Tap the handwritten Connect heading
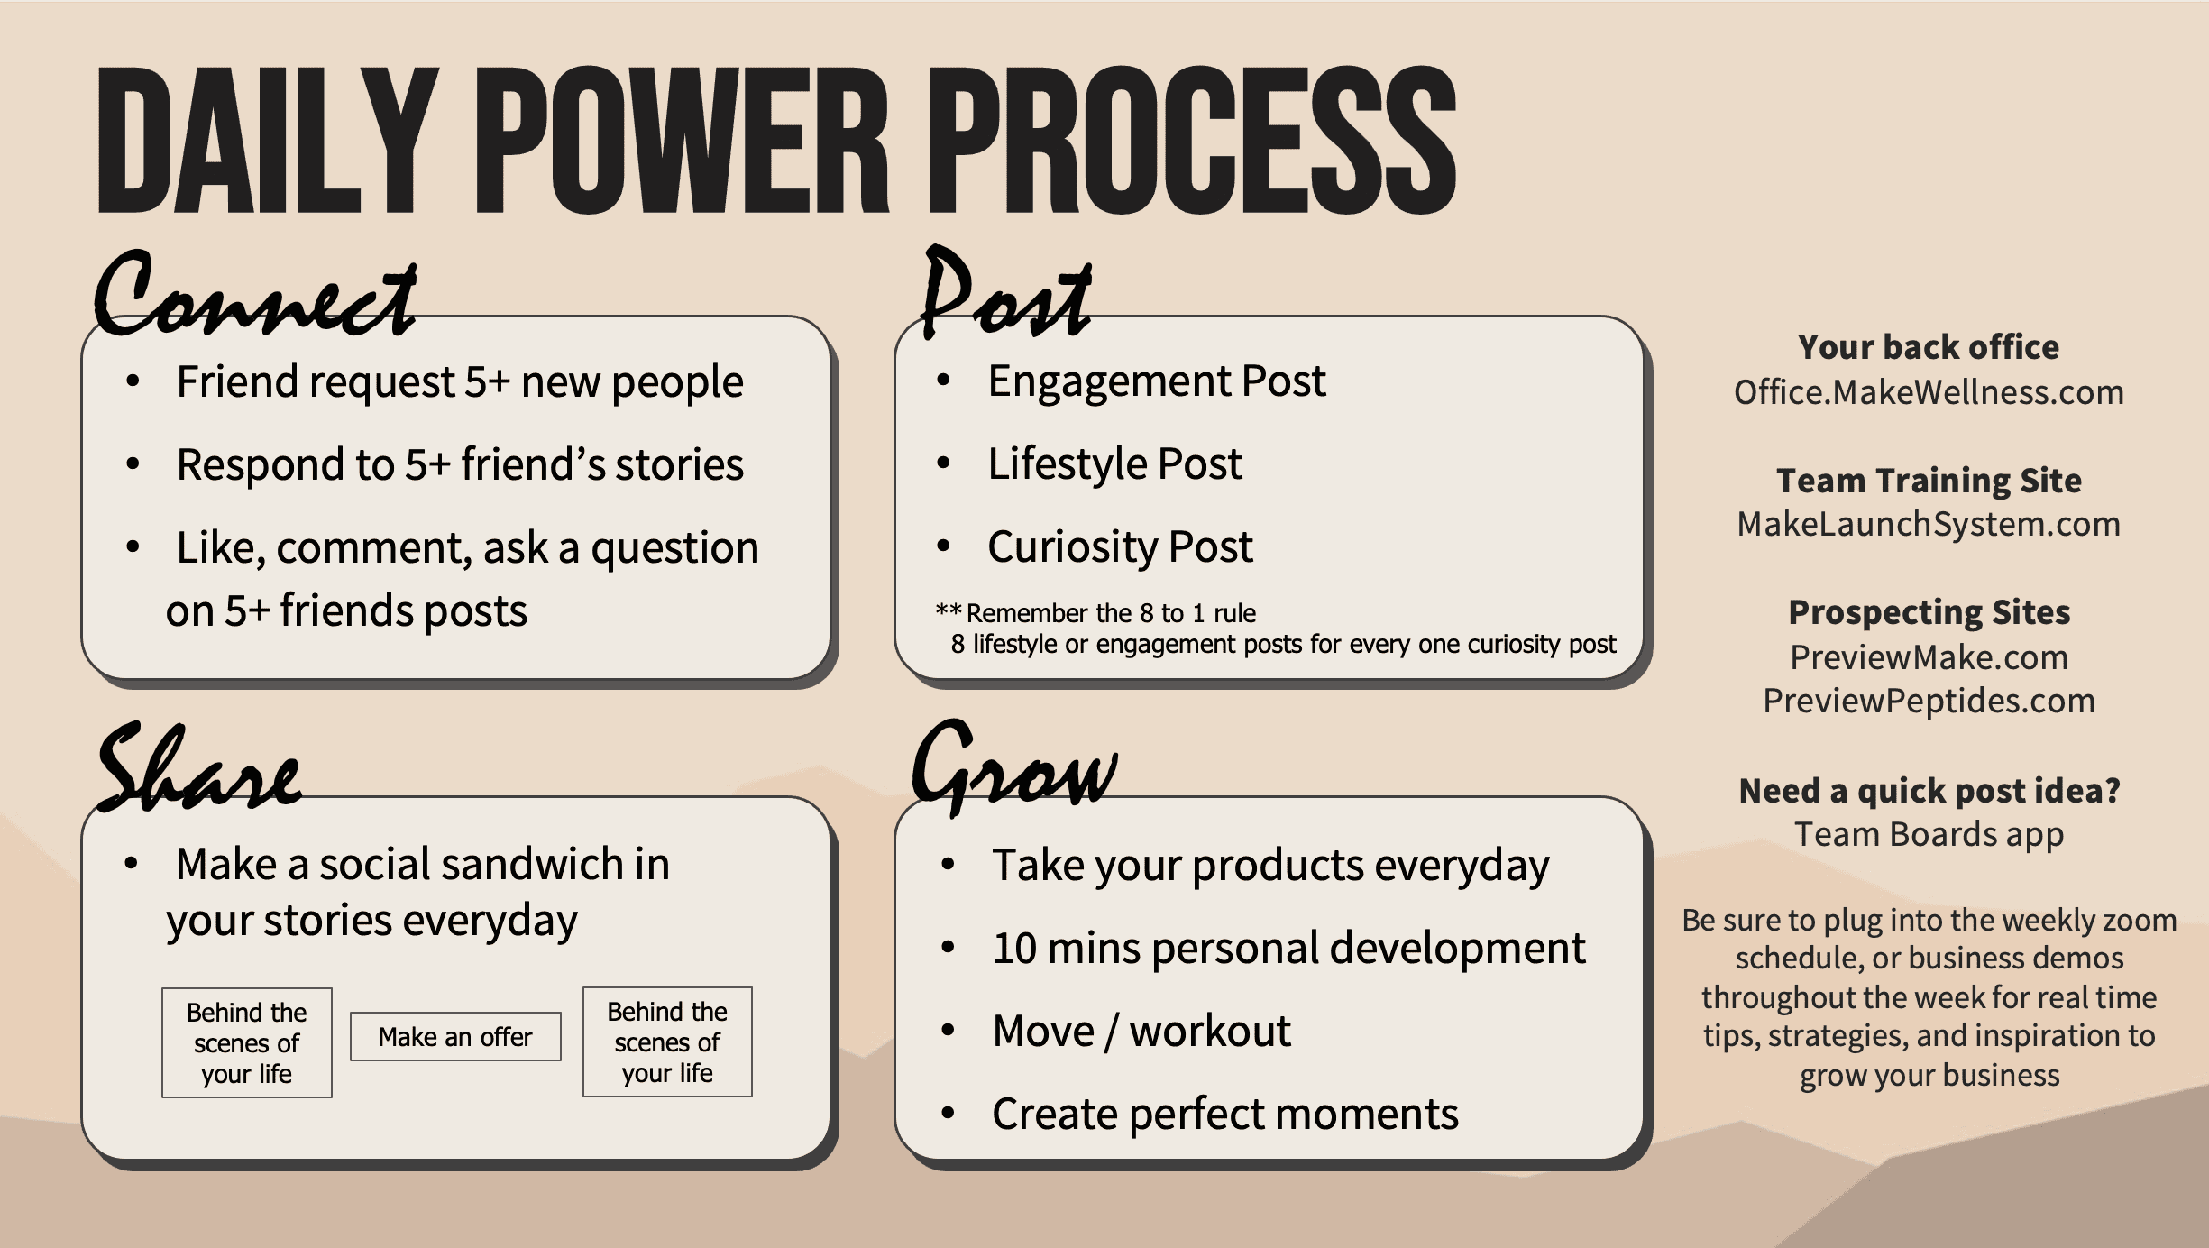point(255,293)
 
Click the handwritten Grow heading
point(1015,766)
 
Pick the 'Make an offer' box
point(455,1037)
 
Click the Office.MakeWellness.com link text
point(1929,392)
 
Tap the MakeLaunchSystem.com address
point(1929,524)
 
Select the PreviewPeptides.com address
point(1929,701)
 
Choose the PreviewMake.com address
point(1929,657)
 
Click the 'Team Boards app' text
point(1929,835)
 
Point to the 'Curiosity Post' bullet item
point(1120,546)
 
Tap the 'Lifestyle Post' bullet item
point(1114,463)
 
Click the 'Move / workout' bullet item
point(1141,1031)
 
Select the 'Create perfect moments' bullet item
point(1225,1114)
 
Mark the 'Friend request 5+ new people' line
point(460,381)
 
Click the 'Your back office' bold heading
point(1929,347)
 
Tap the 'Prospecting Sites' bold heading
point(1929,612)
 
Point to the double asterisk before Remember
point(949,610)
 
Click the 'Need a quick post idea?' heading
point(1929,791)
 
